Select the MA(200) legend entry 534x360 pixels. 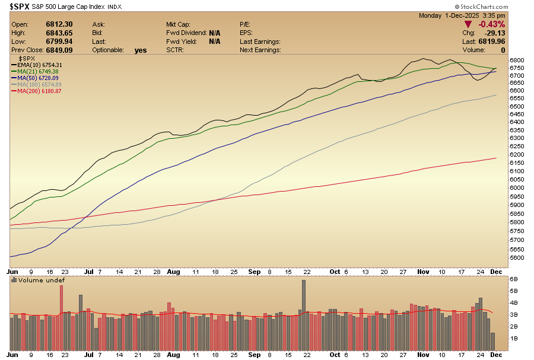(39, 91)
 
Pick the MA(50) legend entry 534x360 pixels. (39, 78)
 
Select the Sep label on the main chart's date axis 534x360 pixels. (254, 271)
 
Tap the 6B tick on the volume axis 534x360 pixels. (514, 278)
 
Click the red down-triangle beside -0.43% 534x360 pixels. (469, 24)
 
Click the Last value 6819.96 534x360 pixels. (493, 42)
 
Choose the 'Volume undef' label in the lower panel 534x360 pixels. (42, 280)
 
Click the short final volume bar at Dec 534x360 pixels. (493, 341)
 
